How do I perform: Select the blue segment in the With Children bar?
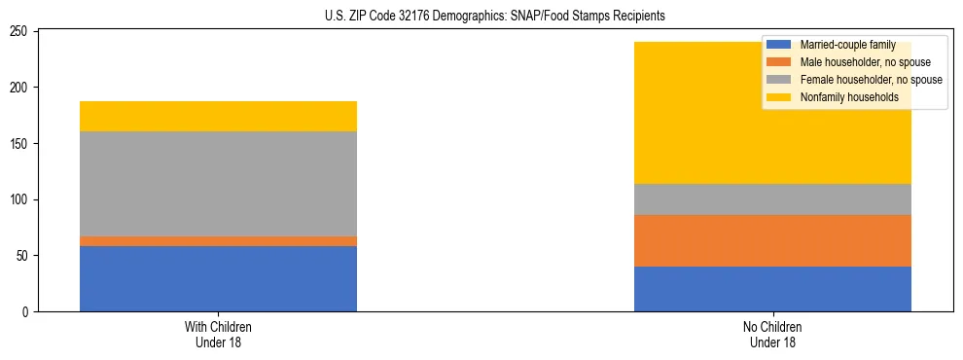point(218,278)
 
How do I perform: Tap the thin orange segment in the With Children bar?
point(218,240)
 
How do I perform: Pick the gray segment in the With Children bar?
point(218,184)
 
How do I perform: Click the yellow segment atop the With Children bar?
point(218,116)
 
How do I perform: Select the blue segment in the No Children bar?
point(772,289)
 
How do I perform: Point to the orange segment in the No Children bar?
point(772,240)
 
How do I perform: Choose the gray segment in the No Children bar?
point(772,199)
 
